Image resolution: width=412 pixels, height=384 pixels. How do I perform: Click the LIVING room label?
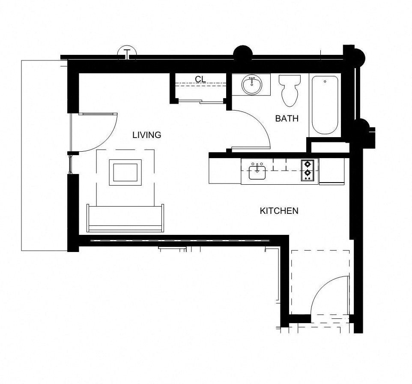pyautogui.click(x=146, y=135)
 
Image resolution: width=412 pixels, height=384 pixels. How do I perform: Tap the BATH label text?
pyautogui.click(x=287, y=119)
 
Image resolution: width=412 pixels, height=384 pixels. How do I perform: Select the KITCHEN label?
pyautogui.click(x=279, y=211)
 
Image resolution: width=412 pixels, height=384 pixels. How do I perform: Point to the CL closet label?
pyautogui.click(x=200, y=79)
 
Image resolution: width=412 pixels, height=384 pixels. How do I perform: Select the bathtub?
pyautogui.click(x=325, y=105)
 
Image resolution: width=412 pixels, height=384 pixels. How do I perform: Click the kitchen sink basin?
pyautogui.click(x=257, y=173)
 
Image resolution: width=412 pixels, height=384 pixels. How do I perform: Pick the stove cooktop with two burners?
pyautogui.click(x=308, y=170)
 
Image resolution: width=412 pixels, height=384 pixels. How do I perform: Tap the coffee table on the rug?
pyautogui.click(x=125, y=172)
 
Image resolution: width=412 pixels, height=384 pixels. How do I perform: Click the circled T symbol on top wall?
pyautogui.click(x=127, y=53)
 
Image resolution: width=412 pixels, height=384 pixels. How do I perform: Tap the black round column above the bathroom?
pyautogui.click(x=242, y=54)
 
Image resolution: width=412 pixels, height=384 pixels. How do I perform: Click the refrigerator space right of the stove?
pyautogui.click(x=331, y=171)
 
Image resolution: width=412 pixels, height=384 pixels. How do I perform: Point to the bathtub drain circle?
pyautogui.click(x=325, y=81)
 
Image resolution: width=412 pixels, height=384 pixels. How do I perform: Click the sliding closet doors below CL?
pyautogui.click(x=200, y=102)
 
